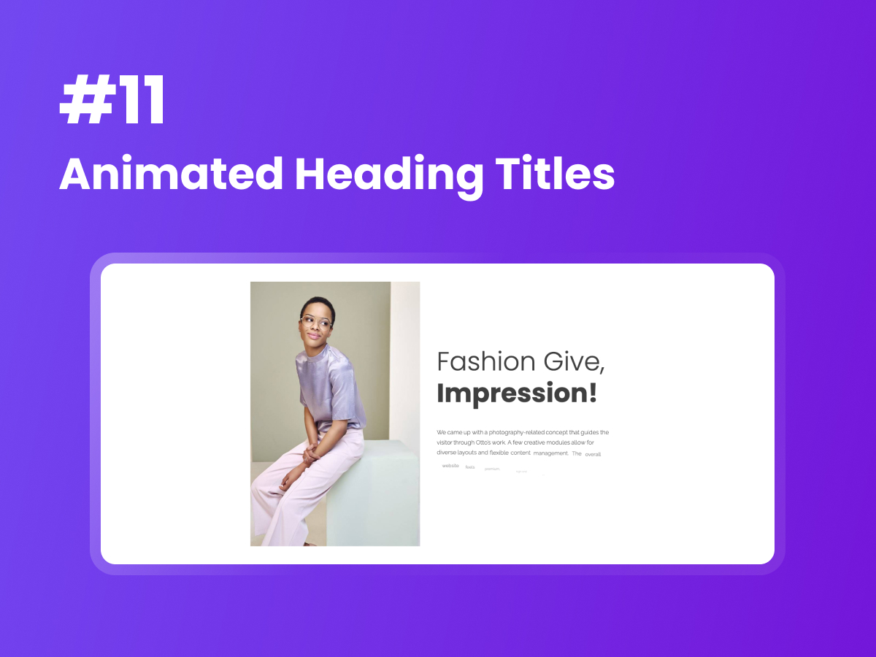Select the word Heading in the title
(x=388, y=175)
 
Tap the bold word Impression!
(x=517, y=393)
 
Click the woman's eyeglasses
(x=315, y=322)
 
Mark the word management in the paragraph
(x=550, y=453)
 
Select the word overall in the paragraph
(x=593, y=454)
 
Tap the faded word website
(x=450, y=466)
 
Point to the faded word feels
(x=470, y=467)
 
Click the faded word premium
(x=492, y=469)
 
